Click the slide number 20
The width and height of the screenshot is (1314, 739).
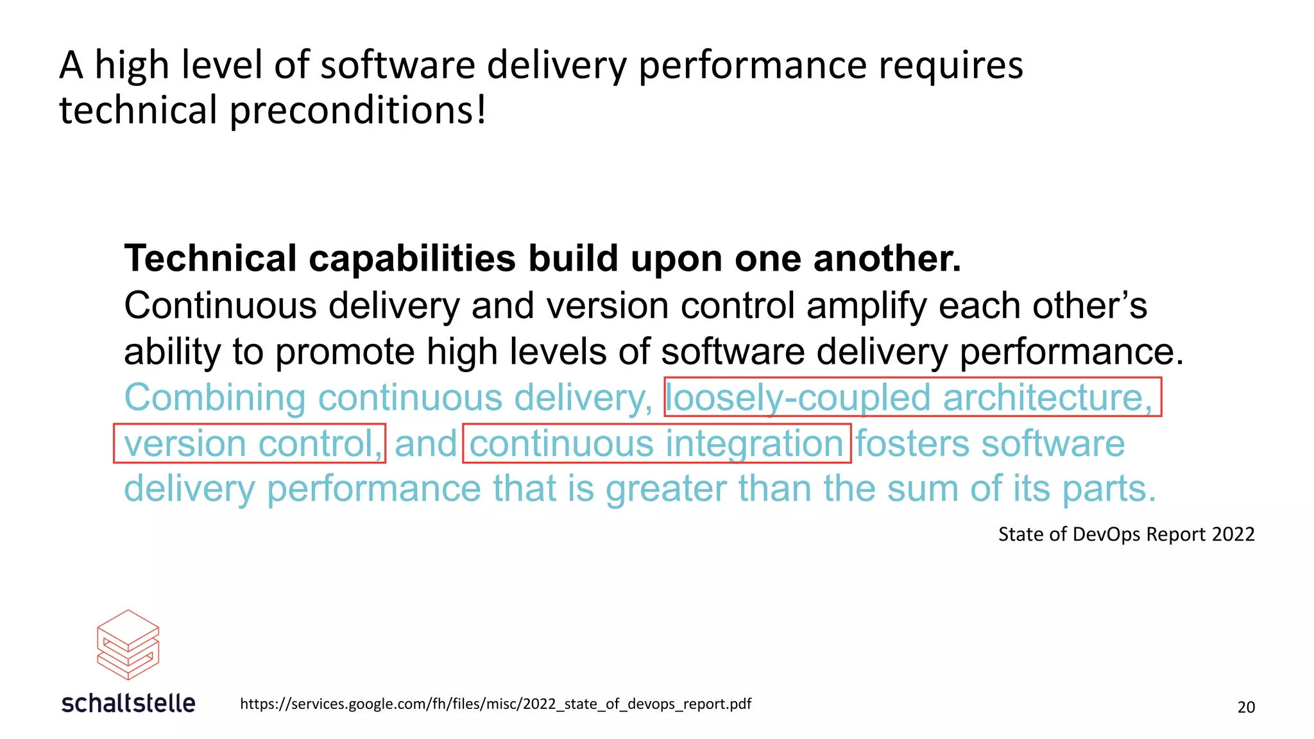coord(1245,707)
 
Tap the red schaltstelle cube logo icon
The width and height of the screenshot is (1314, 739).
coord(128,644)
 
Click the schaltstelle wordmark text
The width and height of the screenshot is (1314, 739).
coord(128,703)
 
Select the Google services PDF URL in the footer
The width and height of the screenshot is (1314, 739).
coord(495,704)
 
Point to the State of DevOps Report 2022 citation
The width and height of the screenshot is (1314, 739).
coord(1126,534)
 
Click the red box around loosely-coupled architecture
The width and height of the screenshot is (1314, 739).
coord(912,397)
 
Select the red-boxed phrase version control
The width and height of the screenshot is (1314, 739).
coord(250,443)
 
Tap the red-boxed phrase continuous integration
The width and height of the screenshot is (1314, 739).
coord(656,443)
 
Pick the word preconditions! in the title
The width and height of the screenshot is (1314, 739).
coord(358,110)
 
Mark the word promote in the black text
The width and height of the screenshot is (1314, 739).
coord(345,352)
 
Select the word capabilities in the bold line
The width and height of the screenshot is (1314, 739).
coord(412,259)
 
